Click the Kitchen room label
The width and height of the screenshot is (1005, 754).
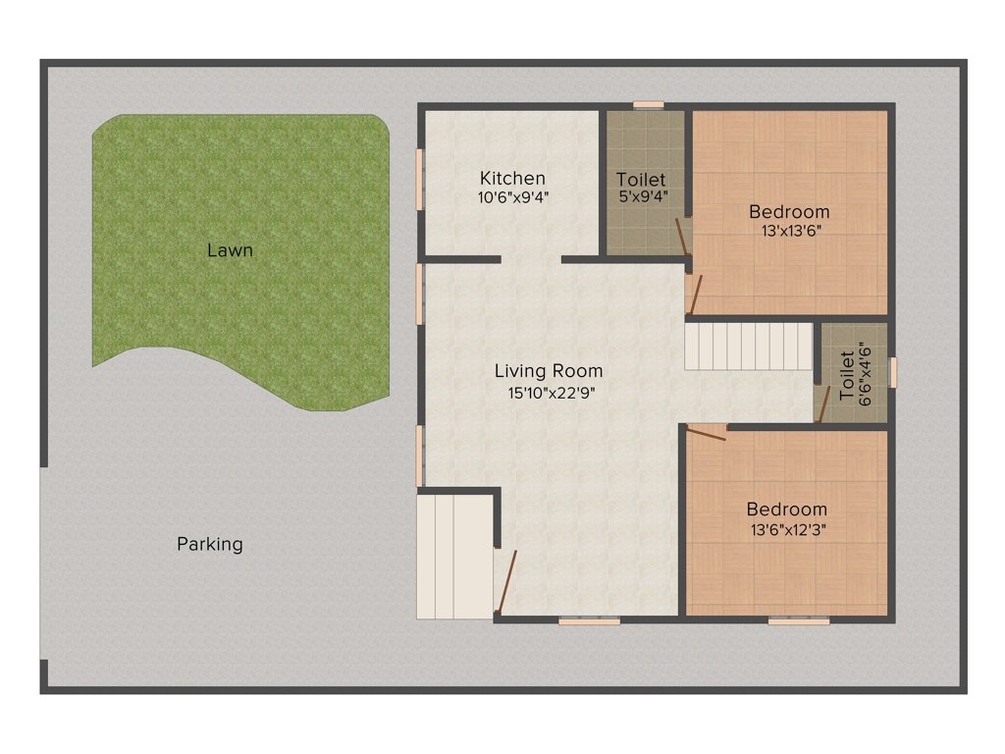(x=512, y=178)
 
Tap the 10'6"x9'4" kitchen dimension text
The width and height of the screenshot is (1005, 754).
(x=512, y=196)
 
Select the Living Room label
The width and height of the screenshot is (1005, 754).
(x=549, y=371)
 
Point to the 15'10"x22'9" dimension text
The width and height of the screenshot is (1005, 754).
(x=549, y=392)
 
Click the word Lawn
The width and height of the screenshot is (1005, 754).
(x=230, y=250)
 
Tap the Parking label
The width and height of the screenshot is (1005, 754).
(x=210, y=544)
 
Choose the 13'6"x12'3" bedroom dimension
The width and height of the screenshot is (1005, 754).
(x=787, y=529)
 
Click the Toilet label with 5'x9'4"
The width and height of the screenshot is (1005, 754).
(x=641, y=180)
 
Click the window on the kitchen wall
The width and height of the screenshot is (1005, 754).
(x=419, y=179)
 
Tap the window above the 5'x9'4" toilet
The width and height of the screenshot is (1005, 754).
(x=648, y=104)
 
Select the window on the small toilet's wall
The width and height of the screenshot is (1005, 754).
(x=892, y=373)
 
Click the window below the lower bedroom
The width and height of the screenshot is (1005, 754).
(x=798, y=620)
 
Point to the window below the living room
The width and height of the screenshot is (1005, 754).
(x=589, y=620)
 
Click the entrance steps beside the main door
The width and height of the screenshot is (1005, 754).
(x=453, y=557)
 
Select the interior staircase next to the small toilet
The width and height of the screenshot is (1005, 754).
(x=749, y=347)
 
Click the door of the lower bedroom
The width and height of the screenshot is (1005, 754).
(x=706, y=433)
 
